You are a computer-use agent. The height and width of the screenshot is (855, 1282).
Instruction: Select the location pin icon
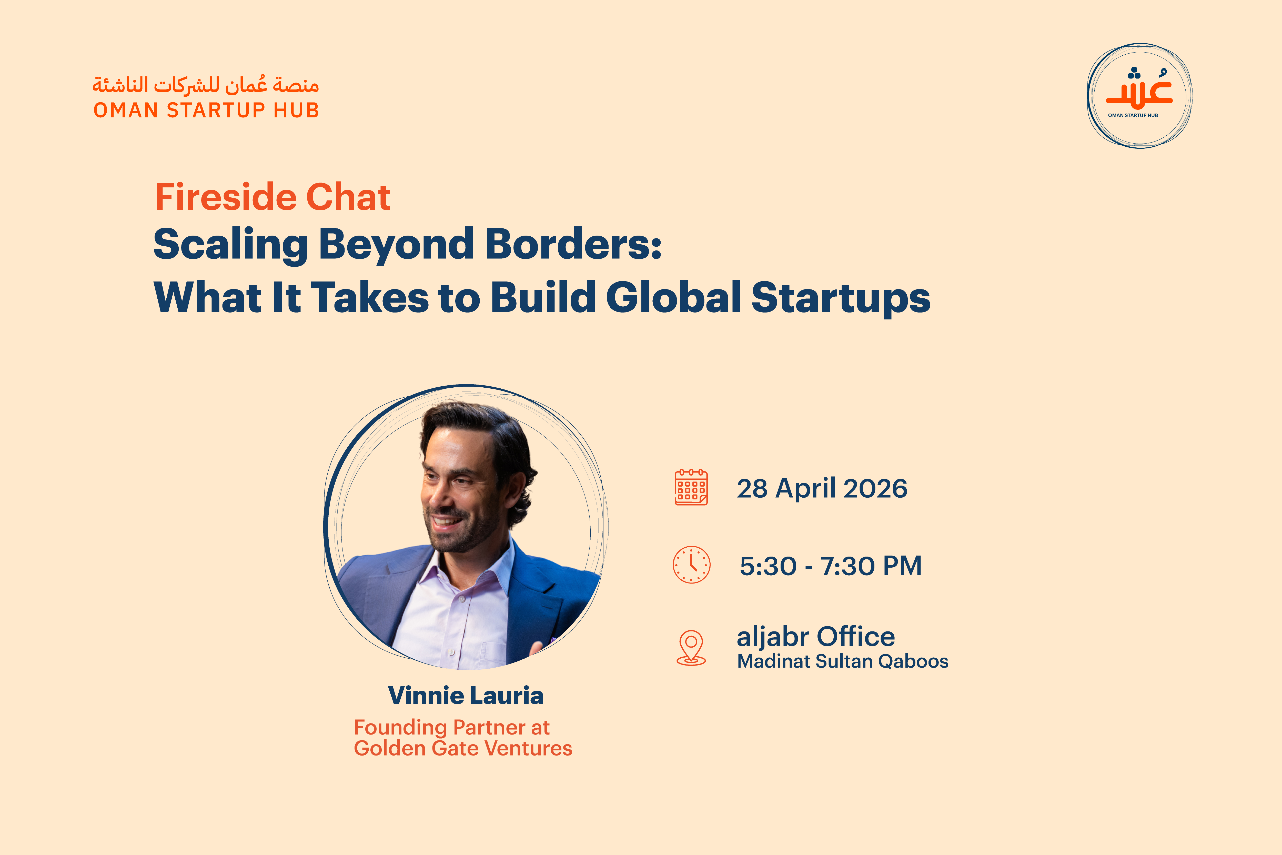(x=691, y=648)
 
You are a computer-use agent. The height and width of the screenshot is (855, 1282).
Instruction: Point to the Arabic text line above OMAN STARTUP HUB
(x=206, y=85)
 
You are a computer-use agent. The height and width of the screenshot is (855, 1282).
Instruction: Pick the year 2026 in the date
(x=875, y=489)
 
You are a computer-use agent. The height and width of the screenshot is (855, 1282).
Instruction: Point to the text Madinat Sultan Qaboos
(x=843, y=661)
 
